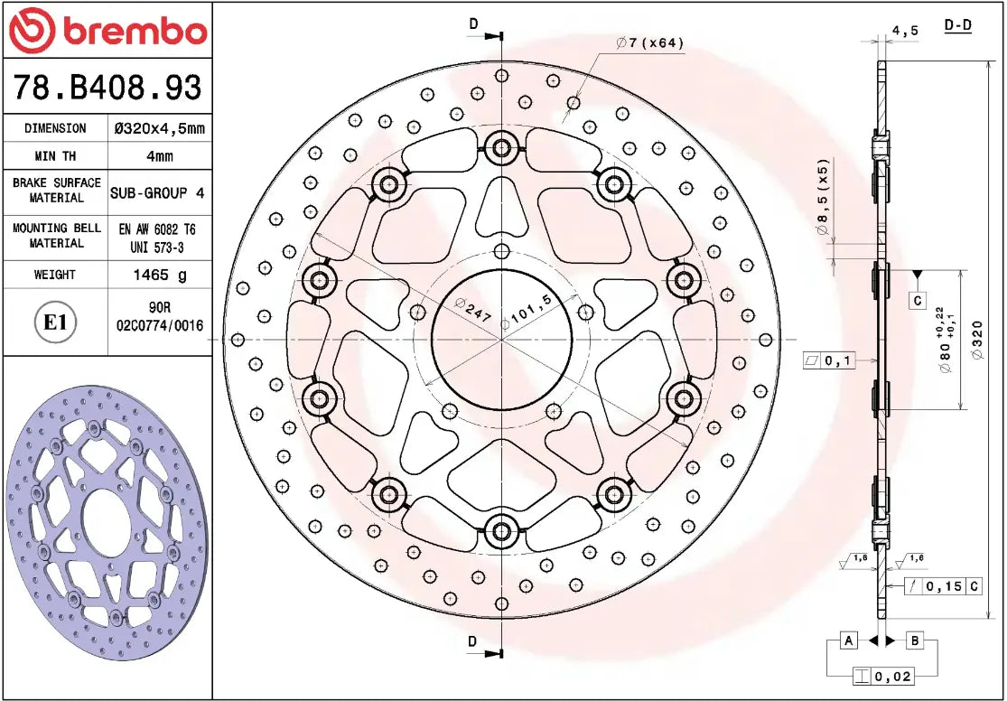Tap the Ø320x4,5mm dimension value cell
click(x=160, y=128)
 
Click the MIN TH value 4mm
click(x=160, y=155)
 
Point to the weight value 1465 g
click(x=160, y=274)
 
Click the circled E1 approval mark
click(x=56, y=322)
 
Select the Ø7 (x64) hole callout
click(x=649, y=42)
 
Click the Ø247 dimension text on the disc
click(x=472, y=310)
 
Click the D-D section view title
click(x=957, y=25)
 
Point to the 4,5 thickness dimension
click(x=905, y=31)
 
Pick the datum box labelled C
click(x=917, y=299)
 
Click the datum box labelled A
click(x=848, y=640)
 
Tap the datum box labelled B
click(x=915, y=640)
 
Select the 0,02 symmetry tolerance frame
click(x=882, y=675)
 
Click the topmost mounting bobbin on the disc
click(x=501, y=145)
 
